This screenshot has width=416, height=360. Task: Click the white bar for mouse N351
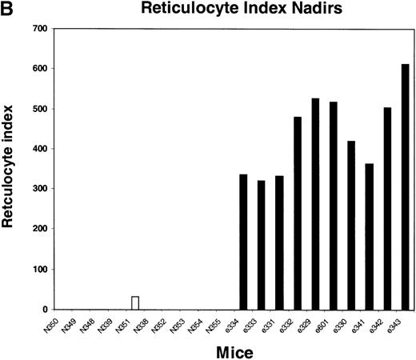(135, 302)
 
